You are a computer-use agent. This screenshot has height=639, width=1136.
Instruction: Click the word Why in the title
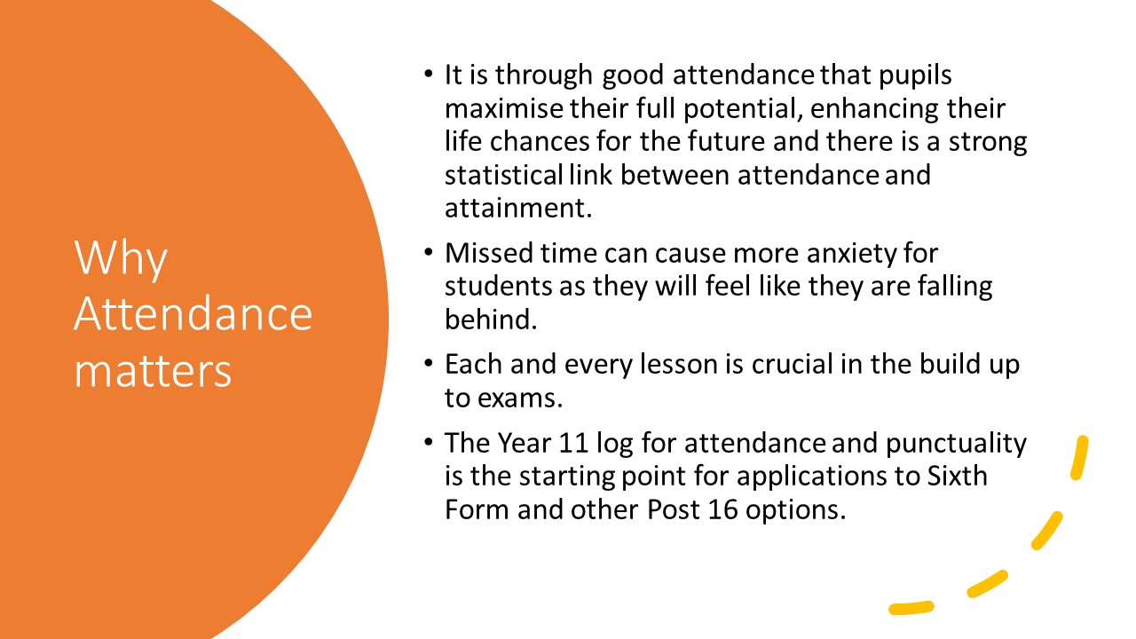(121, 258)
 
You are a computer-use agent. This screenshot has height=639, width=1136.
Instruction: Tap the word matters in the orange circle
(153, 371)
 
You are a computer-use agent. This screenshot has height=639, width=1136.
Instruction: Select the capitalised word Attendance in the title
(193, 313)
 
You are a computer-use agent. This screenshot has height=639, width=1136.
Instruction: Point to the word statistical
(504, 175)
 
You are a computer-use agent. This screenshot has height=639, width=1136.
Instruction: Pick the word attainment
(518, 209)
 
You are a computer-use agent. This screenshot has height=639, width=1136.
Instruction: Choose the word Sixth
(958, 477)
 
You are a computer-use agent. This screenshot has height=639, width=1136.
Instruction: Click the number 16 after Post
(722, 509)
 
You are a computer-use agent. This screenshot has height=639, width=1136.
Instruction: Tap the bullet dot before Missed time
(429, 252)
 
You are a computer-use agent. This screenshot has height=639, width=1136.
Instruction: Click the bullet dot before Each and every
(429, 364)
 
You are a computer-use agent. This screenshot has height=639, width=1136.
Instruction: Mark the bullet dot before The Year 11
(429, 442)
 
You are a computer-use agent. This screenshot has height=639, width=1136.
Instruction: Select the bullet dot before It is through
(429, 74)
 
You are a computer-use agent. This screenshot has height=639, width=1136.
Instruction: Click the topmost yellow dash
(1080, 457)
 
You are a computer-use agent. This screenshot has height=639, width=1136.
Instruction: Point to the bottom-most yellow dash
(911, 608)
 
